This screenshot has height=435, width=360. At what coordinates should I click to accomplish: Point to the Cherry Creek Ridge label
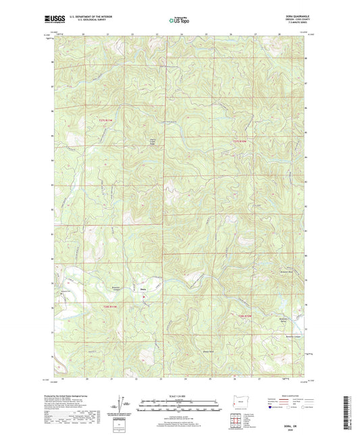[152, 143]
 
